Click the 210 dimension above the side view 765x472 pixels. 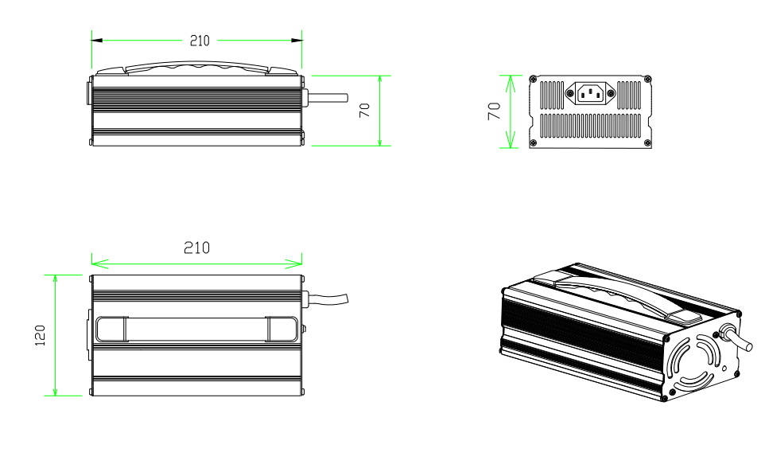(199, 41)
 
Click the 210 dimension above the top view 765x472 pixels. (196, 248)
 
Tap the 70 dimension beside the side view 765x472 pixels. (365, 111)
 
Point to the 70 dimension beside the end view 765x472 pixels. (493, 111)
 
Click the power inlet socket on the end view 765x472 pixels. (590, 94)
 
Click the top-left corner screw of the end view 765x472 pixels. (533, 78)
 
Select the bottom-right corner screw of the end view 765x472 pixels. (647, 143)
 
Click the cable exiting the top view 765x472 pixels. (330, 300)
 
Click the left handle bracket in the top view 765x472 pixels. (111, 329)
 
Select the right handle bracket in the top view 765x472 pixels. (282, 329)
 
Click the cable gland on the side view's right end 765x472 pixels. (306, 97)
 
